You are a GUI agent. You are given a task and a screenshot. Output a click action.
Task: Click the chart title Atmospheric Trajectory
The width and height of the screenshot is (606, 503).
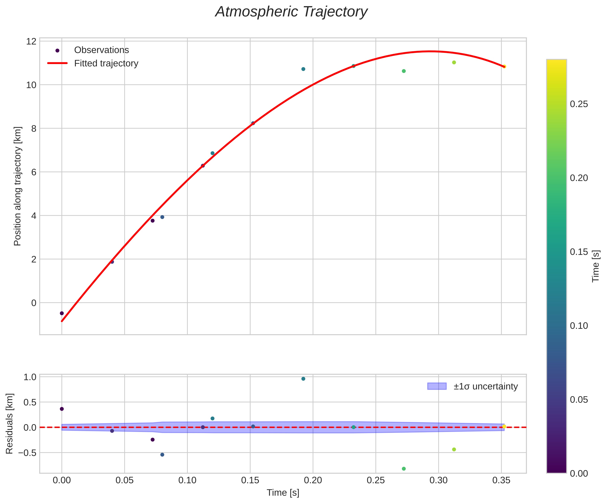pos(291,12)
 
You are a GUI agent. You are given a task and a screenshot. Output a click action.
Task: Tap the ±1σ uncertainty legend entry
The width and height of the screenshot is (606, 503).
pos(485,386)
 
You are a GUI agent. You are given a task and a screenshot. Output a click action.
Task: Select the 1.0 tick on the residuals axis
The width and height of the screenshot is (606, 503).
pos(30,377)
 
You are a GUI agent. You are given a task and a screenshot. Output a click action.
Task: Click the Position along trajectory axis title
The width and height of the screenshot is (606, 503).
pos(18,186)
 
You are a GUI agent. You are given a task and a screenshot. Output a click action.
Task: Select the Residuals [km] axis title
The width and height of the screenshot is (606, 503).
pos(10,423)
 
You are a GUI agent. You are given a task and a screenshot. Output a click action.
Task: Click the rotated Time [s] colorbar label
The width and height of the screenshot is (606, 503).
pos(596,266)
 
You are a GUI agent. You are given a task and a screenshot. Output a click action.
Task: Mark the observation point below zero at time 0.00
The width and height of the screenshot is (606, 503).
pos(62,313)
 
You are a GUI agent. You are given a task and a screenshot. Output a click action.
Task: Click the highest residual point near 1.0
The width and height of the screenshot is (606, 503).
pos(303,379)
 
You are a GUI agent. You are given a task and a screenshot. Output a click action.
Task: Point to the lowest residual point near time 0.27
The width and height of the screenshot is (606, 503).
pos(404,469)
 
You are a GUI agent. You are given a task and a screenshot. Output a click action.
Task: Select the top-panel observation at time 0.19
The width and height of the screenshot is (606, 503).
pos(303,69)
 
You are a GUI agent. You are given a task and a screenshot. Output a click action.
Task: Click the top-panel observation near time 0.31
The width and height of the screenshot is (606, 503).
pos(454,62)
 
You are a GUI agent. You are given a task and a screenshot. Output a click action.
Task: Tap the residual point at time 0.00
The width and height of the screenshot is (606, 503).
pos(62,409)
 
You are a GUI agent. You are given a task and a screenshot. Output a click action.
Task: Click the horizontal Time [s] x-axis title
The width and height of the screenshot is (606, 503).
pos(283,493)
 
